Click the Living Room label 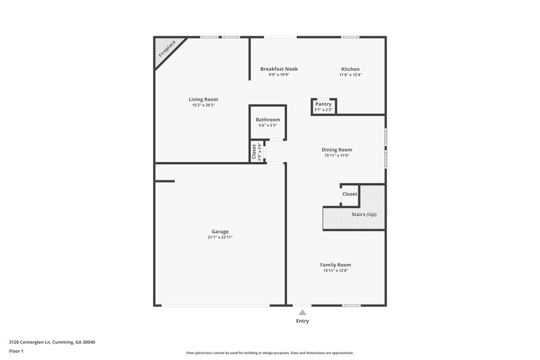pos(203,99)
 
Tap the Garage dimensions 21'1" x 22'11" pos(220,238)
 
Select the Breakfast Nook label pos(279,69)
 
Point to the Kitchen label pos(350,69)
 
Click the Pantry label pos(323,104)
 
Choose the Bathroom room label pos(267,120)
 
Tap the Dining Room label pos(336,150)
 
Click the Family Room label pos(335,265)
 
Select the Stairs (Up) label pos(364,214)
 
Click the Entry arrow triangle pos(302,312)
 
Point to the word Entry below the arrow pos(302,321)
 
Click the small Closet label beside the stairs pos(350,194)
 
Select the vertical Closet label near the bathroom pos(254,152)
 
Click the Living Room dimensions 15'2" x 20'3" pos(203,105)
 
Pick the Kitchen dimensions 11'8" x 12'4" pos(350,75)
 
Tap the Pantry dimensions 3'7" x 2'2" pos(323,109)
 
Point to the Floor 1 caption pos(16,351)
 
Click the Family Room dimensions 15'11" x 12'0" pos(335,271)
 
